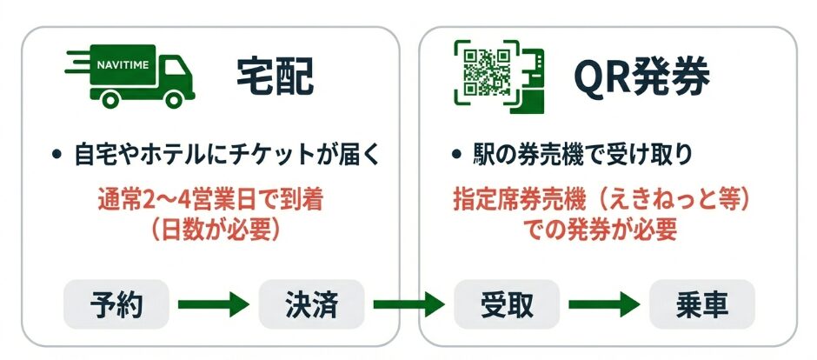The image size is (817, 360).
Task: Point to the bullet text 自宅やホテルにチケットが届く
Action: pos(223,156)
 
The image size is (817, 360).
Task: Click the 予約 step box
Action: pos(116,304)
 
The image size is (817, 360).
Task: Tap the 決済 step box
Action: pos(310,304)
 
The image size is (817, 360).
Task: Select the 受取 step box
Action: pos(506,304)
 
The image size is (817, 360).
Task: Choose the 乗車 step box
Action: pos(701,304)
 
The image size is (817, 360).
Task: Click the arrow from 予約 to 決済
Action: pos(213,304)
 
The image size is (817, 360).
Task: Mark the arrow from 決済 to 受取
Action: pos(408,304)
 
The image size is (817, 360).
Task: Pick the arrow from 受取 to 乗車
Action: pos(603,304)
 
